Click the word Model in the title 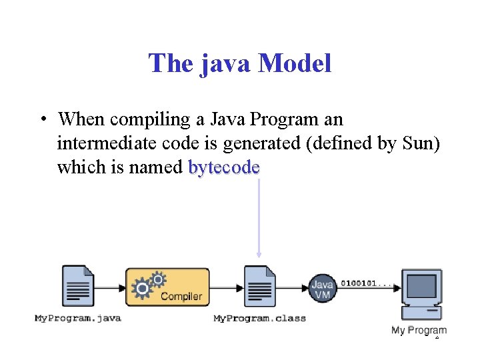[294, 64]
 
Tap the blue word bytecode [224, 167]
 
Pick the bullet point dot [42, 120]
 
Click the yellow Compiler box [167, 288]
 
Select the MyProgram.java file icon [78, 287]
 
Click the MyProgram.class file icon [259, 287]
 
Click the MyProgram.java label [78, 319]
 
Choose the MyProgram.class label [259, 319]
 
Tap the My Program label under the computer [419, 330]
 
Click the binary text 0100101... [361, 283]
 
